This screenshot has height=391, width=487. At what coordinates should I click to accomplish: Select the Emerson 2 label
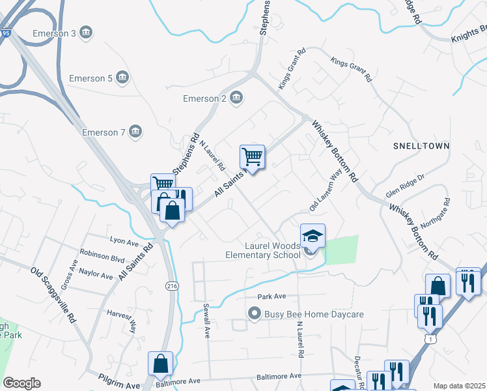pyautogui.click(x=204, y=98)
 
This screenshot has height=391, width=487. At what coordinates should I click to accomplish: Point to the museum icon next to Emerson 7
pyautogui.click(x=135, y=132)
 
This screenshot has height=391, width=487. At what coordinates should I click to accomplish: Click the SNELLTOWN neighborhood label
pyautogui.click(x=421, y=146)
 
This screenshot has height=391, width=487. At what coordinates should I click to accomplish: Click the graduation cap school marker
pyautogui.click(x=313, y=235)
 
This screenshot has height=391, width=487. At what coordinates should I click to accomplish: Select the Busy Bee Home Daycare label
pyautogui.click(x=314, y=314)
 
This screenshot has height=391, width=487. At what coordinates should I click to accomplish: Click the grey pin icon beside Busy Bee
pyautogui.click(x=256, y=314)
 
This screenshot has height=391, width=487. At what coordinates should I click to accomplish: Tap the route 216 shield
pyautogui.click(x=172, y=285)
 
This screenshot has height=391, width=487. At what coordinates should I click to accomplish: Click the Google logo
pyautogui.click(x=22, y=383)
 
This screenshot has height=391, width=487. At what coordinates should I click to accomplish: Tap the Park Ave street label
pyautogui.click(x=271, y=297)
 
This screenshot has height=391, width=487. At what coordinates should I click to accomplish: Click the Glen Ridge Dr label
pyautogui.click(x=404, y=186)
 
